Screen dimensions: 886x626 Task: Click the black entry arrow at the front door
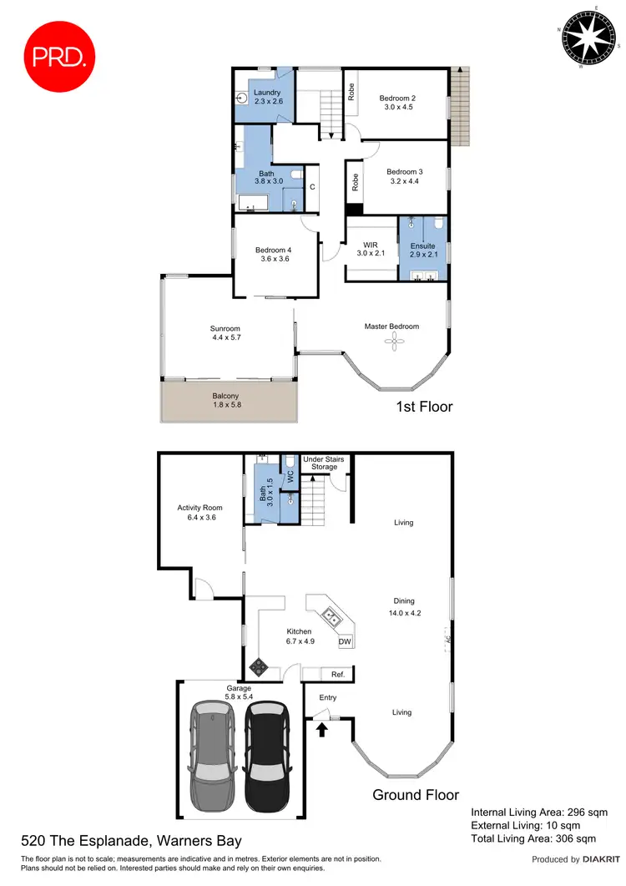(x=321, y=729)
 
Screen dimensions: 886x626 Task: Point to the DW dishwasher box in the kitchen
(x=345, y=642)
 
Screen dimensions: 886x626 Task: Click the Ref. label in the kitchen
(x=338, y=674)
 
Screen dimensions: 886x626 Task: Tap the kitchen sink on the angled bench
(x=332, y=617)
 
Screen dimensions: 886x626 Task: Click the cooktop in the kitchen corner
(x=260, y=666)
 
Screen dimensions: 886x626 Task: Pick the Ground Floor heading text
(x=416, y=794)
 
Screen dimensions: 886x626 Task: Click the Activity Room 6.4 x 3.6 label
(x=199, y=512)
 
